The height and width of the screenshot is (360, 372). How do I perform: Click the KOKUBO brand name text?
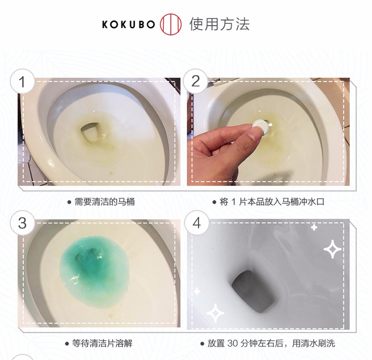coord(128,24)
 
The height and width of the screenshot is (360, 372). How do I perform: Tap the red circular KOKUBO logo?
coord(171,24)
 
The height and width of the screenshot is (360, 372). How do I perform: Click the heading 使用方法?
coord(219,24)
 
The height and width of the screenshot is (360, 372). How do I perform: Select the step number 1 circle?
coord(22,81)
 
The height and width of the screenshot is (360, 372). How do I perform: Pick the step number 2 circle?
coord(195,81)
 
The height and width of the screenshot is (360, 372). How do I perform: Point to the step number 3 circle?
coord(22,223)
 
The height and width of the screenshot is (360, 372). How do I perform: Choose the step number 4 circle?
coord(197,223)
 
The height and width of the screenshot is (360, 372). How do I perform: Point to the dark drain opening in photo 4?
coord(253,290)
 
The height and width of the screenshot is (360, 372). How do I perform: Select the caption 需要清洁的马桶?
coord(105,202)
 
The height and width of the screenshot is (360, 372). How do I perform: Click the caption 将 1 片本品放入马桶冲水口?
coord(272,202)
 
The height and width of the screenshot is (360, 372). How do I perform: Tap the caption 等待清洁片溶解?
coord(102,344)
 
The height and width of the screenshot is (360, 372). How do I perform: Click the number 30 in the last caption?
coord(233,344)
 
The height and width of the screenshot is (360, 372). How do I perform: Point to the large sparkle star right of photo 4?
coord(332,249)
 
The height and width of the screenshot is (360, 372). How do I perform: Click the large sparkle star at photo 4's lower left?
coord(215,313)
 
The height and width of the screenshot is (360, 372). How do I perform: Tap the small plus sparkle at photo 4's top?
coord(314,227)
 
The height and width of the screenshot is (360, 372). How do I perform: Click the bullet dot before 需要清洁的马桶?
coord(69,202)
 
